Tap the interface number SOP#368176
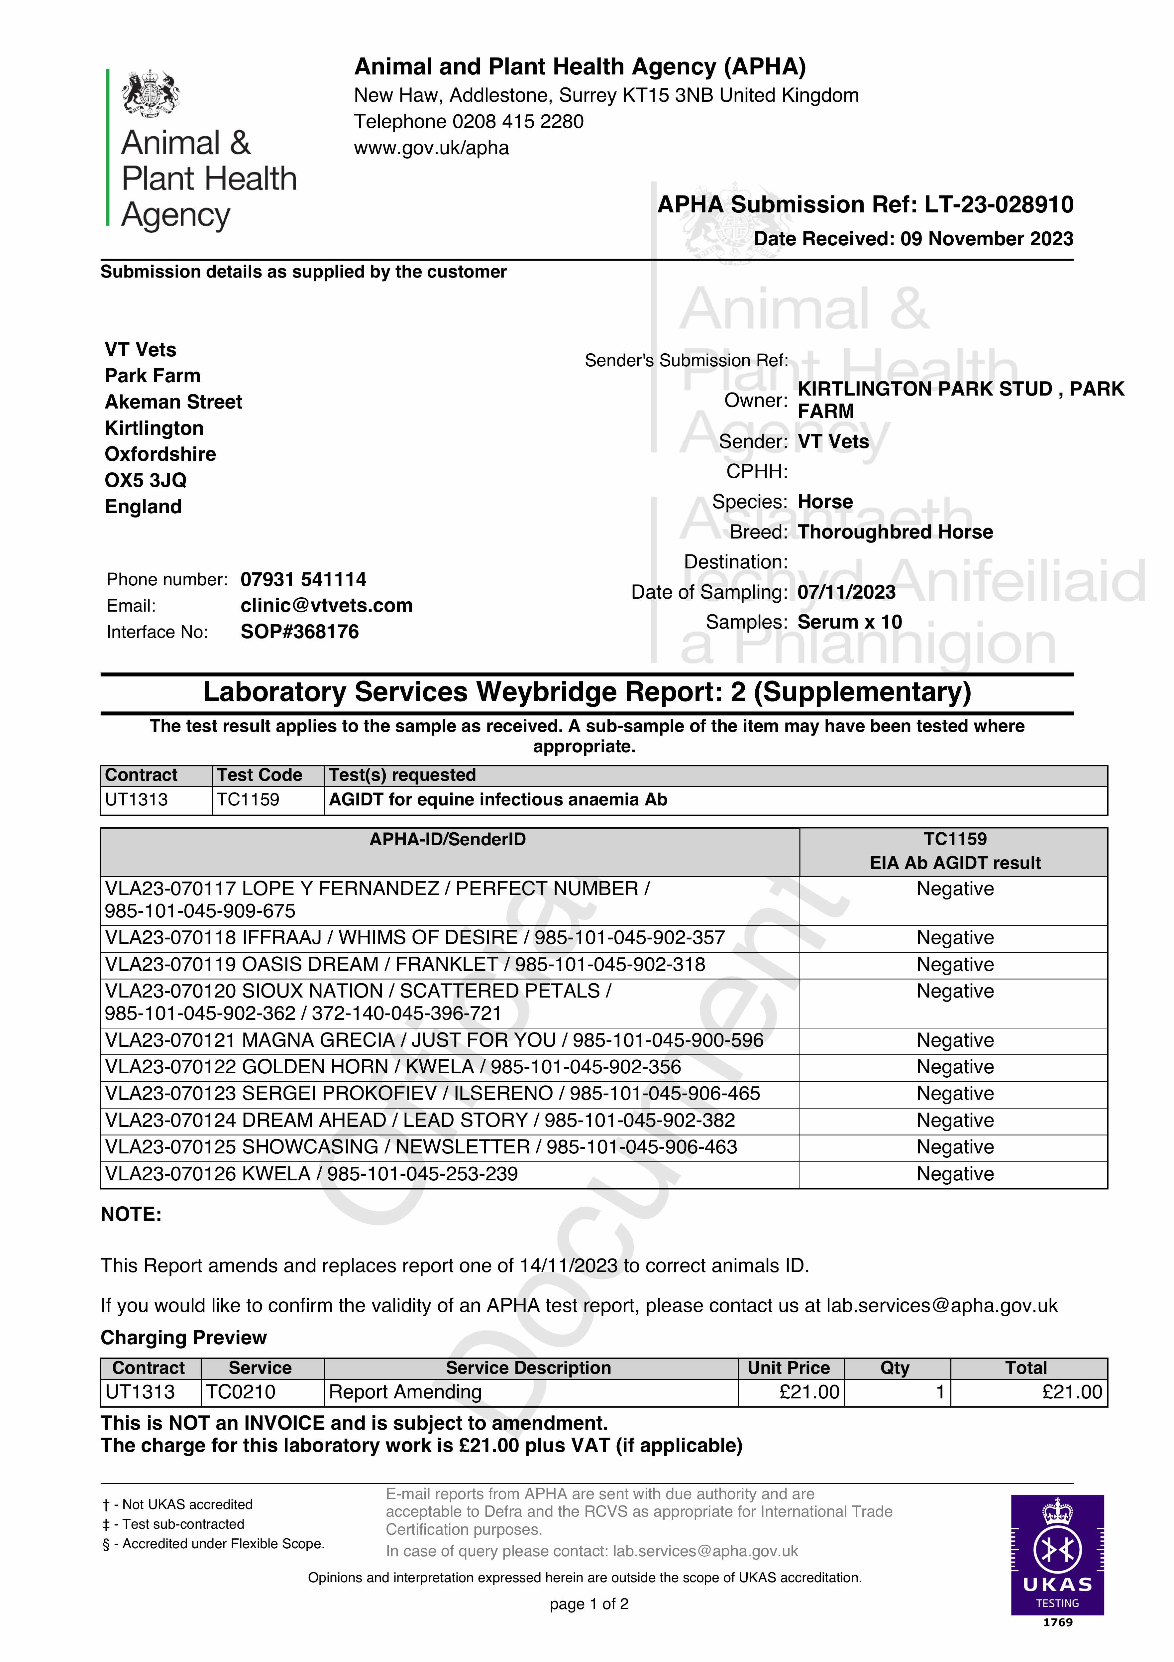coord(300,632)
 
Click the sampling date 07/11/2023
coord(846,592)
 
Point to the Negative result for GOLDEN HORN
coord(955,1067)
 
